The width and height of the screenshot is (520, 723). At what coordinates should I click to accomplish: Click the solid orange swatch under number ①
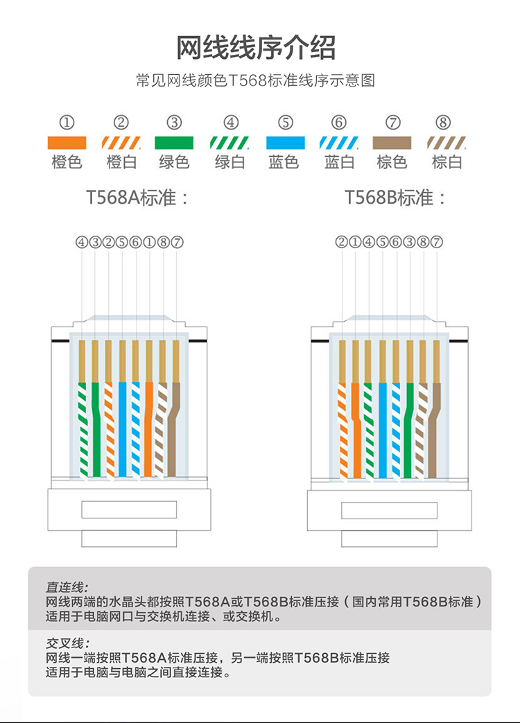pyautogui.click(x=67, y=143)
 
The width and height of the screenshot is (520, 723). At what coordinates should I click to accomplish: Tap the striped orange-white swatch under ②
pyautogui.click(x=121, y=143)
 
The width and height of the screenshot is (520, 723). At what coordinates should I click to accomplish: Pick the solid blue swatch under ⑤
pyautogui.click(x=286, y=143)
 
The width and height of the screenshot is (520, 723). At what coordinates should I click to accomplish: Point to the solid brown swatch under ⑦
pyautogui.click(x=392, y=143)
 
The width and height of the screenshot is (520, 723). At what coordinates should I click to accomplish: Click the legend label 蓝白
pyautogui.click(x=339, y=162)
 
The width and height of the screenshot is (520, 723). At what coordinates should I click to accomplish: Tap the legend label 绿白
pyautogui.click(x=230, y=162)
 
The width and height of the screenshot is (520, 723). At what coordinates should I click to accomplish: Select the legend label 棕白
pyautogui.click(x=447, y=162)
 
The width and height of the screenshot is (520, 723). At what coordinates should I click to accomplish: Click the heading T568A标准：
pyautogui.click(x=138, y=198)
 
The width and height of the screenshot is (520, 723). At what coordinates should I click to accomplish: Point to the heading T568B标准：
pyautogui.click(x=397, y=198)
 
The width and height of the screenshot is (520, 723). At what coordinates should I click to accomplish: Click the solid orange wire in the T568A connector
pyautogui.click(x=149, y=430)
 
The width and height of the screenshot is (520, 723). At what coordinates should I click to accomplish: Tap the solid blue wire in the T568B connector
pyautogui.click(x=382, y=430)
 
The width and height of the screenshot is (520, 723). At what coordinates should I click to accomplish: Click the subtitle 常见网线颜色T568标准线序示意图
pyautogui.click(x=256, y=81)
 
